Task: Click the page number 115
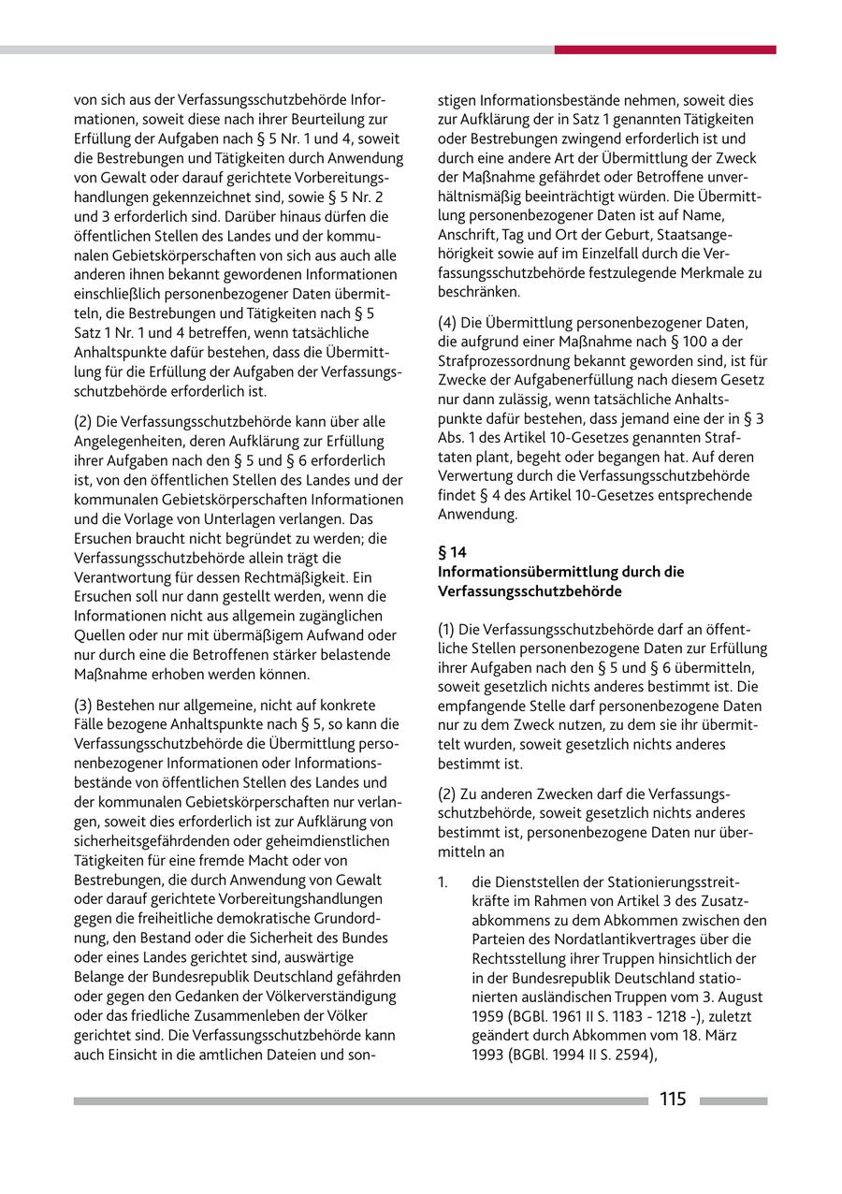[672, 1100]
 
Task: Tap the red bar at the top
[664, 50]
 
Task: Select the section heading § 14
[452, 552]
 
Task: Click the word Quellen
[100, 634]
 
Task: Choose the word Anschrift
[467, 233]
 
